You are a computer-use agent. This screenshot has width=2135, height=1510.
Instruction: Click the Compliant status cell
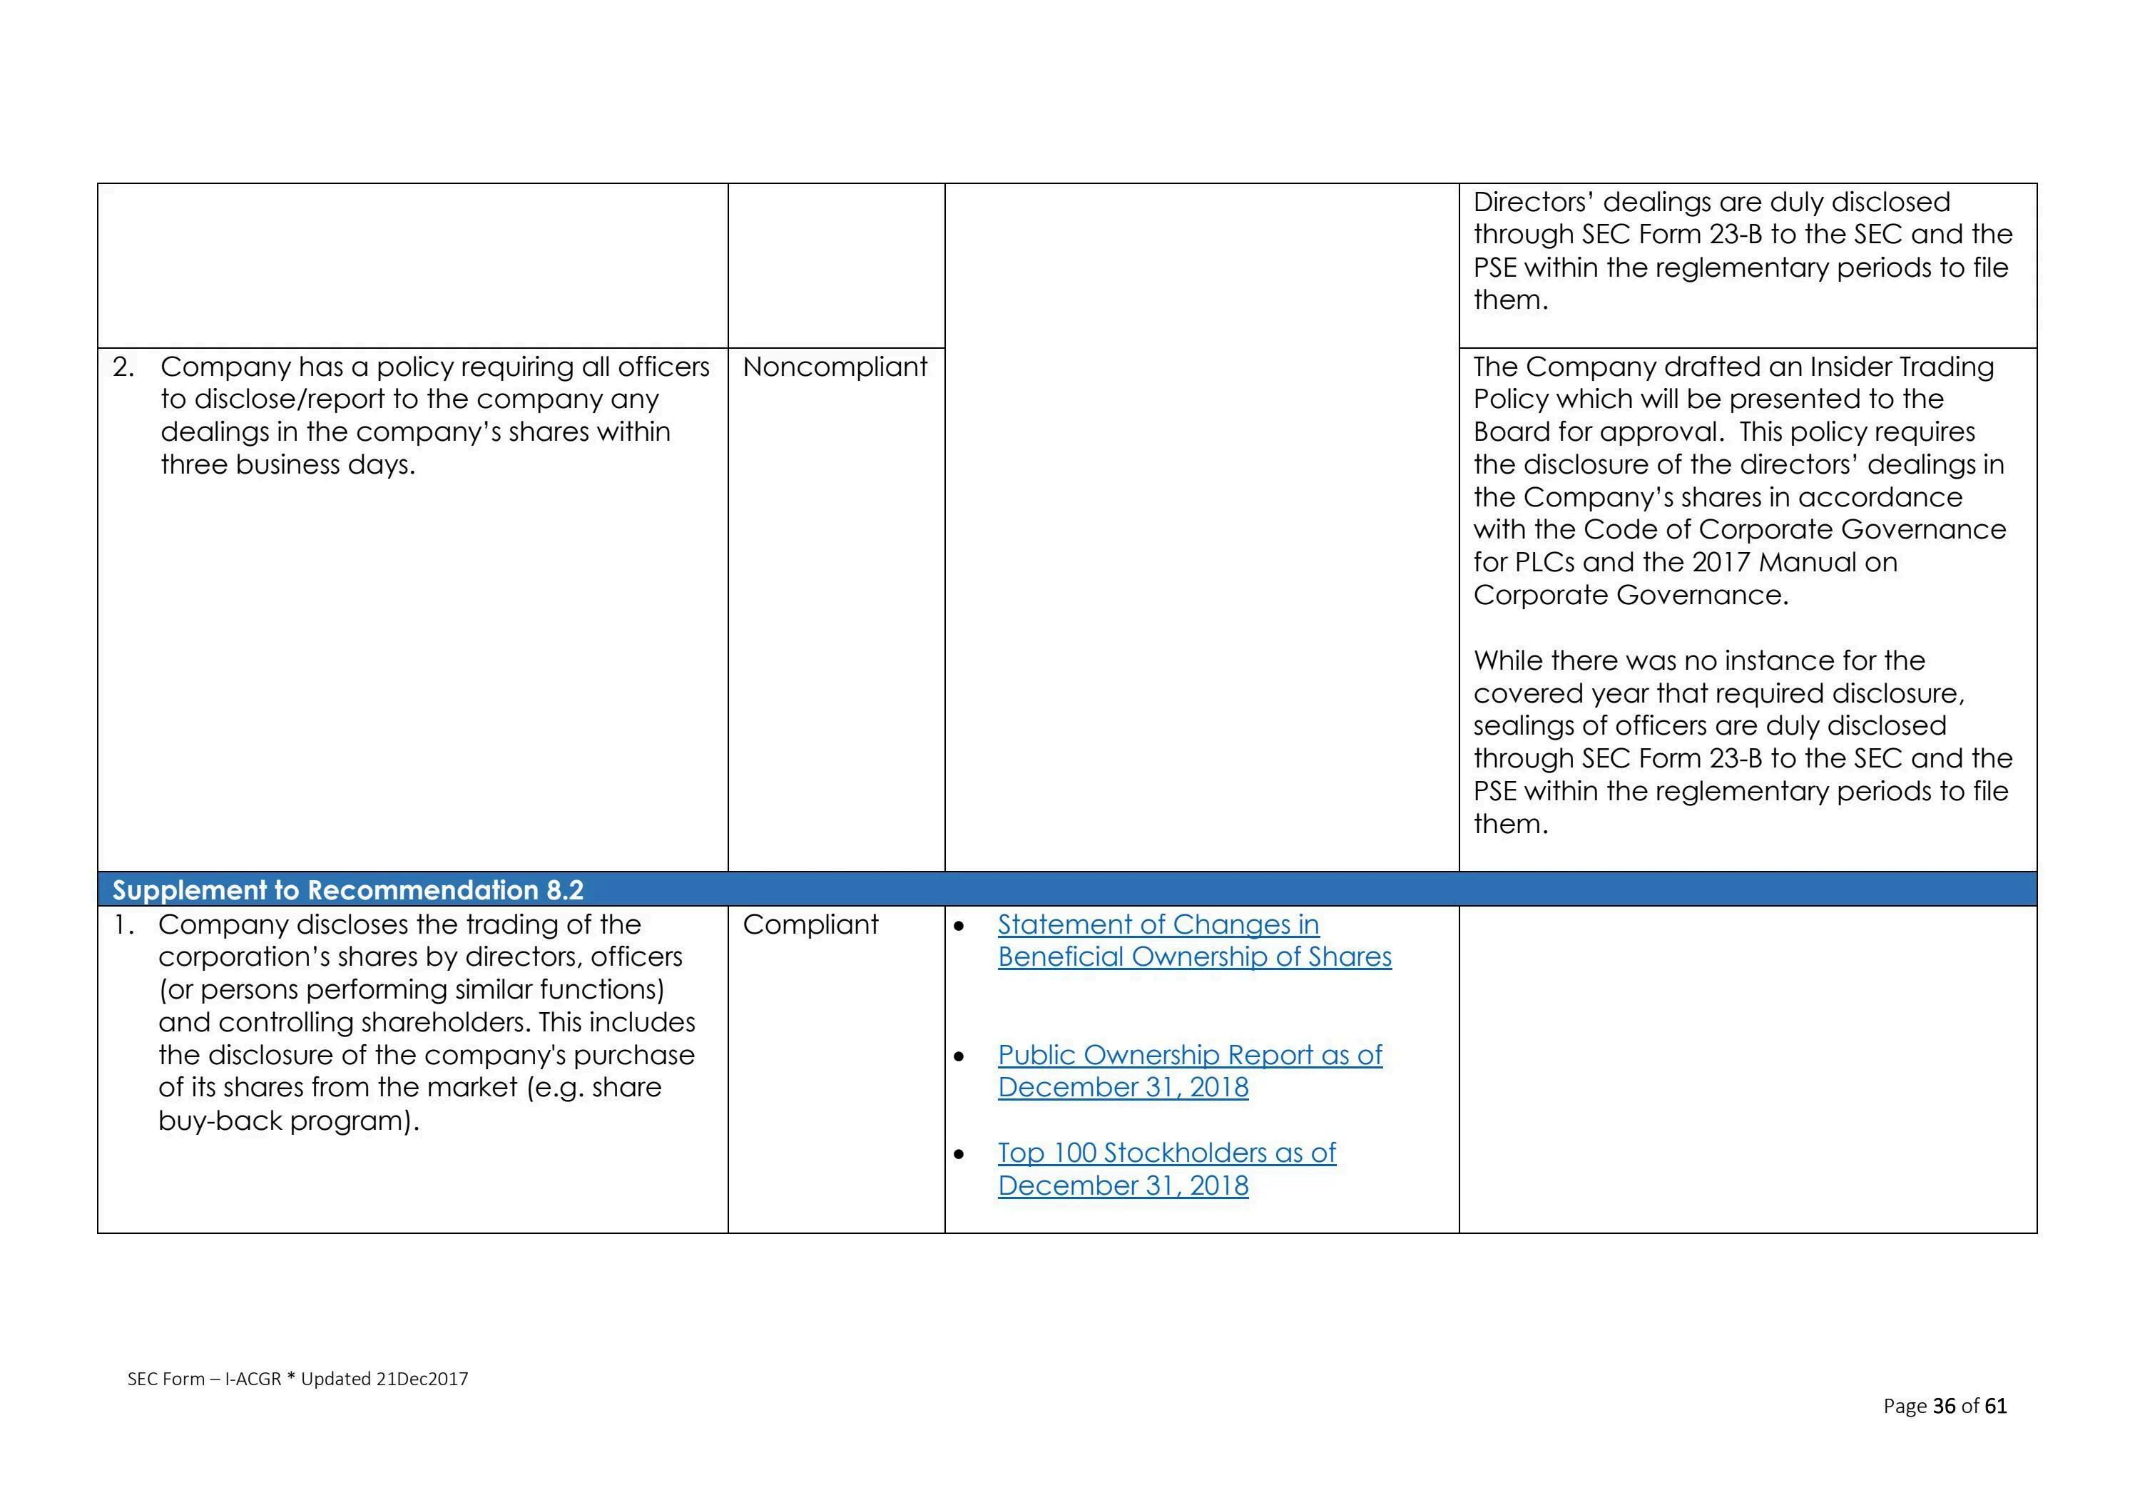[810, 925]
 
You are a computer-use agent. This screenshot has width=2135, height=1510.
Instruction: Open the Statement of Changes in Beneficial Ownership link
[1194, 941]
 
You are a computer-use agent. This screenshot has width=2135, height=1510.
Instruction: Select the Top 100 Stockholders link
[1166, 1169]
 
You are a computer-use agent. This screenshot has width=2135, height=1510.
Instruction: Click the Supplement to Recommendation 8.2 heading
[348, 891]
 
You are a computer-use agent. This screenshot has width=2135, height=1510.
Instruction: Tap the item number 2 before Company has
[122, 367]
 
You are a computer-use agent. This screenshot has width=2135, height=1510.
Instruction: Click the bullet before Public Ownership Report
[959, 1057]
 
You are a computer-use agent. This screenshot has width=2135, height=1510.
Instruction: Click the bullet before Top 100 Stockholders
[959, 1155]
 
